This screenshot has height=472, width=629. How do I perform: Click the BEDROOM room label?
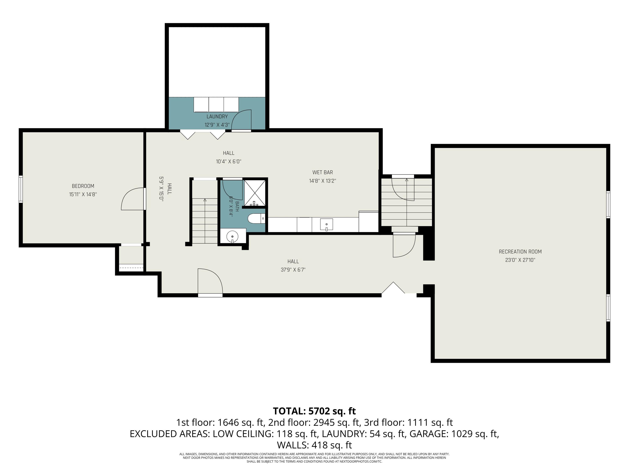click(x=83, y=186)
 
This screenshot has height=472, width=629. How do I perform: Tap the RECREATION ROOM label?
click(x=520, y=252)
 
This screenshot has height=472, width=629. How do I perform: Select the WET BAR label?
click(x=322, y=172)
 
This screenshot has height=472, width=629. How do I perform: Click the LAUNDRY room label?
click(x=217, y=116)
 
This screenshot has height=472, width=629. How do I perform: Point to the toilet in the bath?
click(x=256, y=219)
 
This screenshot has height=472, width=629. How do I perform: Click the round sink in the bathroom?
click(x=233, y=236)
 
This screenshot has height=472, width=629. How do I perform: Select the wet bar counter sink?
click(x=326, y=224)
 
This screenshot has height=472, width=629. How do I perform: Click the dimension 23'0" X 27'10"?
click(x=520, y=260)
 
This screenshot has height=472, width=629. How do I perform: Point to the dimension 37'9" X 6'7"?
click(x=293, y=270)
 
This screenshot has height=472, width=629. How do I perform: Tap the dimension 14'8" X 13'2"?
click(x=322, y=181)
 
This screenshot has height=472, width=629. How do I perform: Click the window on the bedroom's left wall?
click(x=21, y=189)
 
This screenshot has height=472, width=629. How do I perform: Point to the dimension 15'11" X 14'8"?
click(x=83, y=194)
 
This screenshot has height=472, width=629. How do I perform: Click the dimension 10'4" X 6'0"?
click(x=229, y=161)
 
